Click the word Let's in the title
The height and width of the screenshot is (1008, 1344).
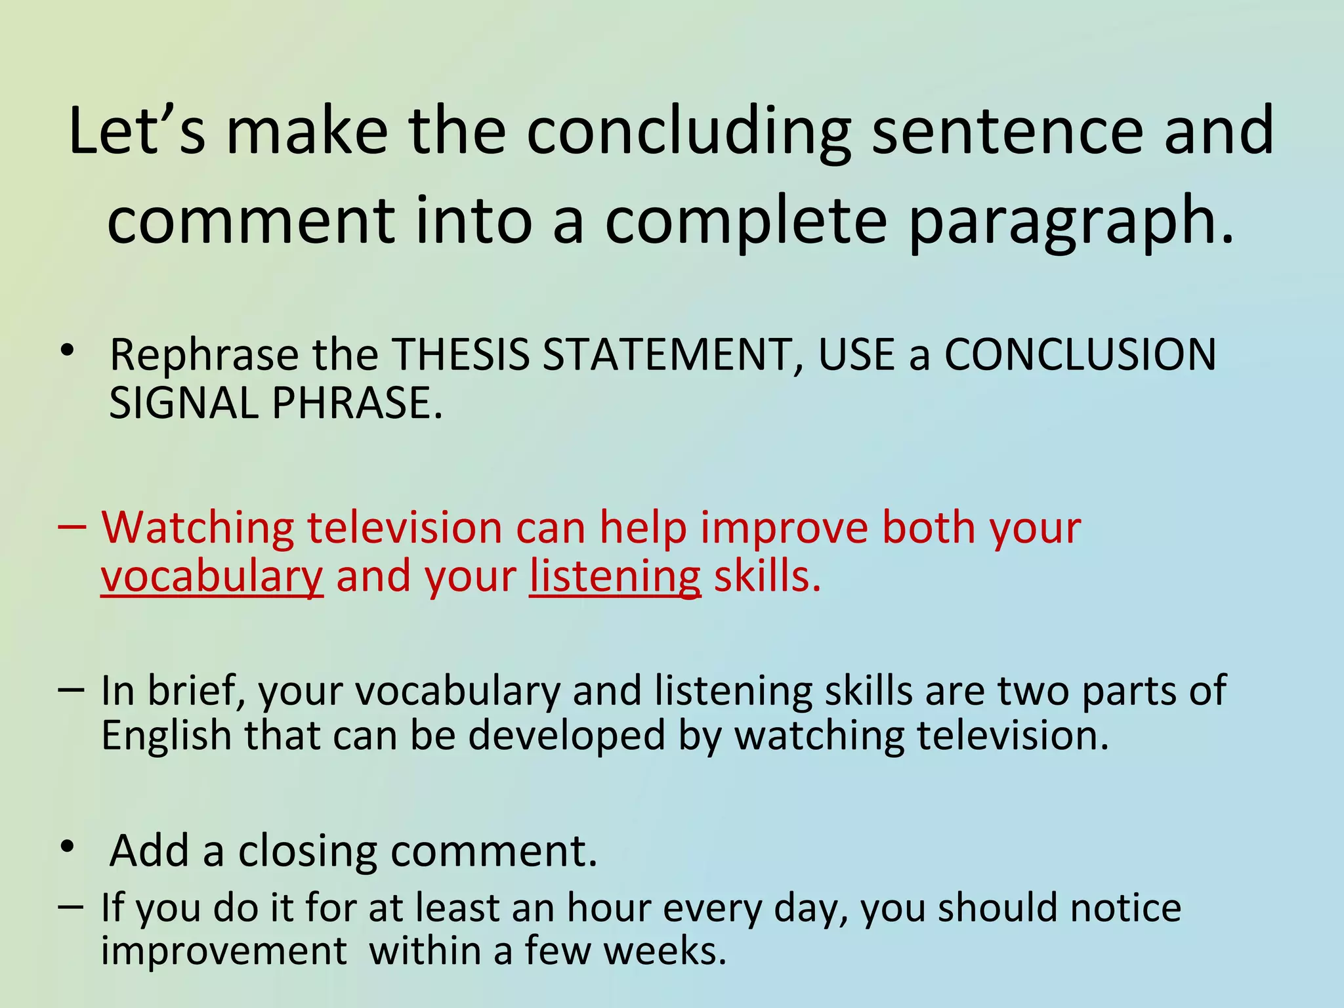pos(136,131)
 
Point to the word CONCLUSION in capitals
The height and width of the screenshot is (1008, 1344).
pos(1080,355)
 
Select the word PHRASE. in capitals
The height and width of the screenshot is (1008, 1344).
pos(357,403)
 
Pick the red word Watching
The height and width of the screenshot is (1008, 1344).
pos(198,528)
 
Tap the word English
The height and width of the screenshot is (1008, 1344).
pos(166,736)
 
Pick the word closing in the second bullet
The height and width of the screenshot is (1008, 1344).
pos(307,851)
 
